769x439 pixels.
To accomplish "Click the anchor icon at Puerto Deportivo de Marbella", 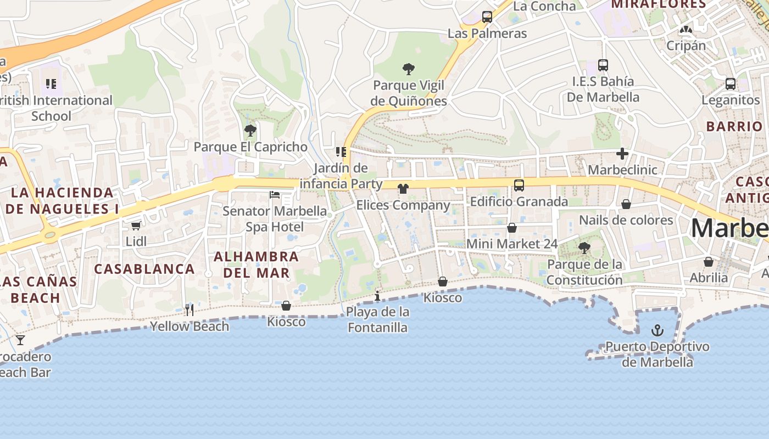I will tap(657, 330).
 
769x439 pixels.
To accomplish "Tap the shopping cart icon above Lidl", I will tap(136, 226).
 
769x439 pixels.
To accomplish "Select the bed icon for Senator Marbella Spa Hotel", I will tap(275, 195).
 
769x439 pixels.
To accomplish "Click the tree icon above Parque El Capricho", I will tap(250, 131).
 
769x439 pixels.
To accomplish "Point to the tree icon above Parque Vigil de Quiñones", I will tap(408, 69).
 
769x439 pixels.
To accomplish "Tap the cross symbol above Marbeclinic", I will tap(622, 154).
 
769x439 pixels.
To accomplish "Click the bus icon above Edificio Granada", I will tap(519, 185).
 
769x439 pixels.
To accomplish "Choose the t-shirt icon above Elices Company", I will tap(403, 189).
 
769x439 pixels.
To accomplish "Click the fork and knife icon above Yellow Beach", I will tap(189, 310).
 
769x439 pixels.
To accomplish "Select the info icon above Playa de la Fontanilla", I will tap(377, 296).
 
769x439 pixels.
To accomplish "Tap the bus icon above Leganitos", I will tap(731, 84).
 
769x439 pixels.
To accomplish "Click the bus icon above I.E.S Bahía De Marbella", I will tap(603, 65).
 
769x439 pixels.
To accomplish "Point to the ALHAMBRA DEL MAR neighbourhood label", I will tap(256, 264).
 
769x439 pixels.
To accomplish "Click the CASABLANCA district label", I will tap(144, 269).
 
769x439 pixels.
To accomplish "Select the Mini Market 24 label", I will tap(512, 244).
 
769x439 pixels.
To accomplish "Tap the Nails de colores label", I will tap(626, 220).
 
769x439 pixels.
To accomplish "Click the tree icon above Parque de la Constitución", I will tap(584, 248).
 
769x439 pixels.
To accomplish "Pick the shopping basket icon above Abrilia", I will tap(709, 262).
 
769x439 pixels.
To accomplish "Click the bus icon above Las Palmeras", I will tap(487, 17).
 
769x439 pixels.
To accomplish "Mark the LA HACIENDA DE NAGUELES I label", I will tap(62, 201).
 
